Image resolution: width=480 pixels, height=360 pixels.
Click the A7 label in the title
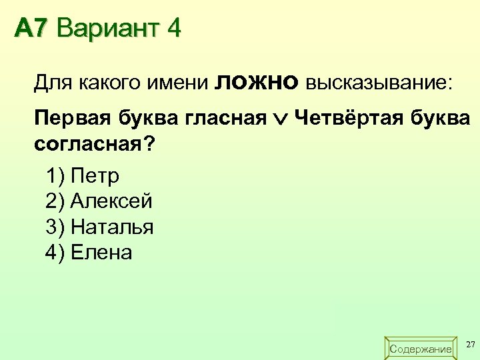pyautogui.click(x=32, y=29)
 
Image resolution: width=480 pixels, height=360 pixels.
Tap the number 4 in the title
pyautogui.click(x=174, y=29)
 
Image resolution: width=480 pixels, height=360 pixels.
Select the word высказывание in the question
pyautogui.click(x=378, y=83)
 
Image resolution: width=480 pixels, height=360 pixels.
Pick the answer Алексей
pyautogui.click(x=111, y=201)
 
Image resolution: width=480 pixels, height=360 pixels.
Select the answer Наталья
pyautogui.click(x=112, y=227)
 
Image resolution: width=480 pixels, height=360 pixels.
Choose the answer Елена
pyautogui.click(x=101, y=253)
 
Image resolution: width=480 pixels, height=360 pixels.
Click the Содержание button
pyautogui.click(x=420, y=349)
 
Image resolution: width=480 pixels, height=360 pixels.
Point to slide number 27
pyautogui.click(x=471, y=344)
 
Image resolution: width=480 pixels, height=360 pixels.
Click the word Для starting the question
pyautogui.click(x=54, y=83)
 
